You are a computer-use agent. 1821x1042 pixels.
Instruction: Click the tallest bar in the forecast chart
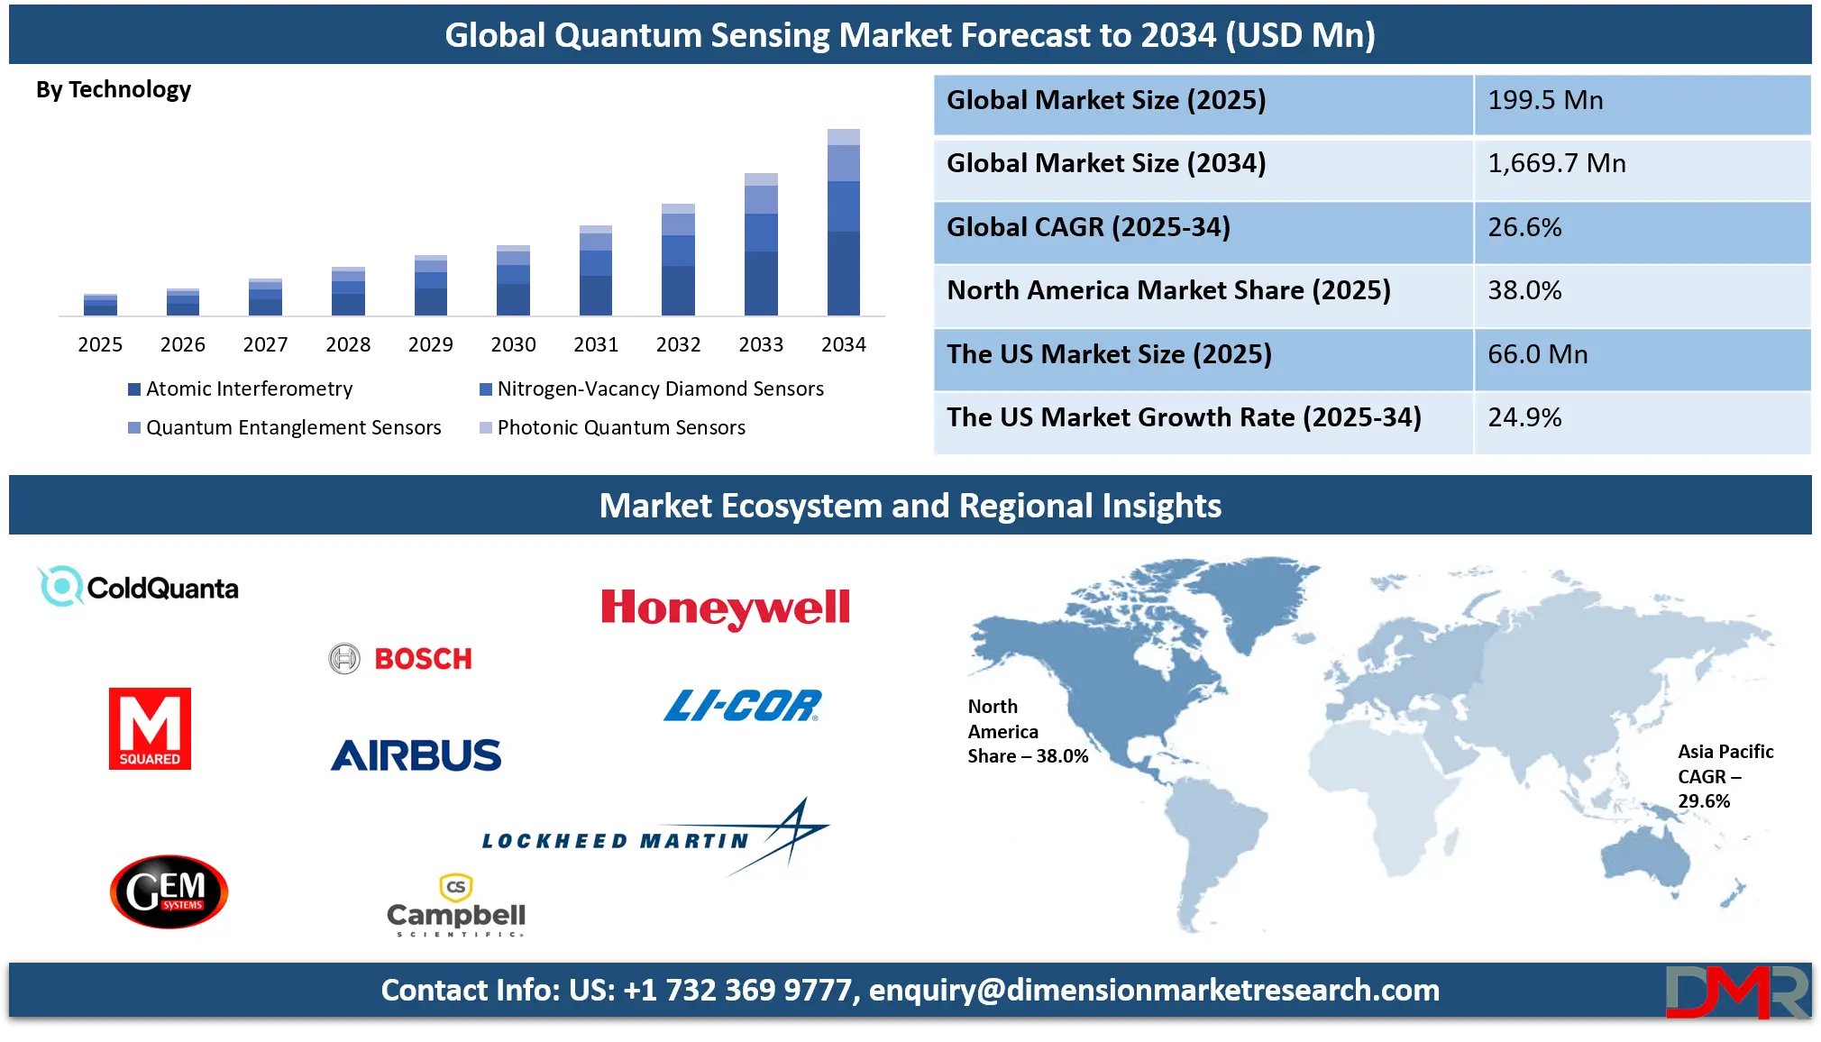pyautogui.click(x=843, y=219)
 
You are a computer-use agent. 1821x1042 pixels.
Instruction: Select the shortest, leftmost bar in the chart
pyautogui.click(x=100, y=302)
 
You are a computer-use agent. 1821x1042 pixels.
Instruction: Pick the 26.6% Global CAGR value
pyautogui.click(x=1524, y=227)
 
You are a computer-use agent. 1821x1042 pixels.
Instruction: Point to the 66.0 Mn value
pyautogui.click(x=1537, y=354)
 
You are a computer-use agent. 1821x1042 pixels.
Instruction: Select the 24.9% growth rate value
pyautogui.click(x=1524, y=417)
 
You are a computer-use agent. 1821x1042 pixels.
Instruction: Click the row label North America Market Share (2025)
pyautogui.click(x=1168, y=290)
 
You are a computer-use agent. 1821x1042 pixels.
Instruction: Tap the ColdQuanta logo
pyautogui.click(x=139, y=587)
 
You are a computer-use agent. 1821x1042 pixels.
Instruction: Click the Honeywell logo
pyautogui.click(x=725, y=608)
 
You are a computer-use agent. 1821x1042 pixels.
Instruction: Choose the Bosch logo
pyautogui.click(x=401, y=659)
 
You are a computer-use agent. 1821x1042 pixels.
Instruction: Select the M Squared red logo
pyautogui.click(x=150, y=728)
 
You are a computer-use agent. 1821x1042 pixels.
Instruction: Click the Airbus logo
pyautogui.click(x=416, y=755)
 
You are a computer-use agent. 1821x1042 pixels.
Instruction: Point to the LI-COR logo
pyautogui.click(x=743, y=706)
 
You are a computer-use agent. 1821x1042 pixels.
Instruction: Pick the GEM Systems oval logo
pyautogui.click(x=169, y=891)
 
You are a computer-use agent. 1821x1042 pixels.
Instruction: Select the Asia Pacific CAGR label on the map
pyautogui.click(x=1724, y=776)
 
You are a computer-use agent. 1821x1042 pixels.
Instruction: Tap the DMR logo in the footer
pyautogui.click(x=1735, y=992)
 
